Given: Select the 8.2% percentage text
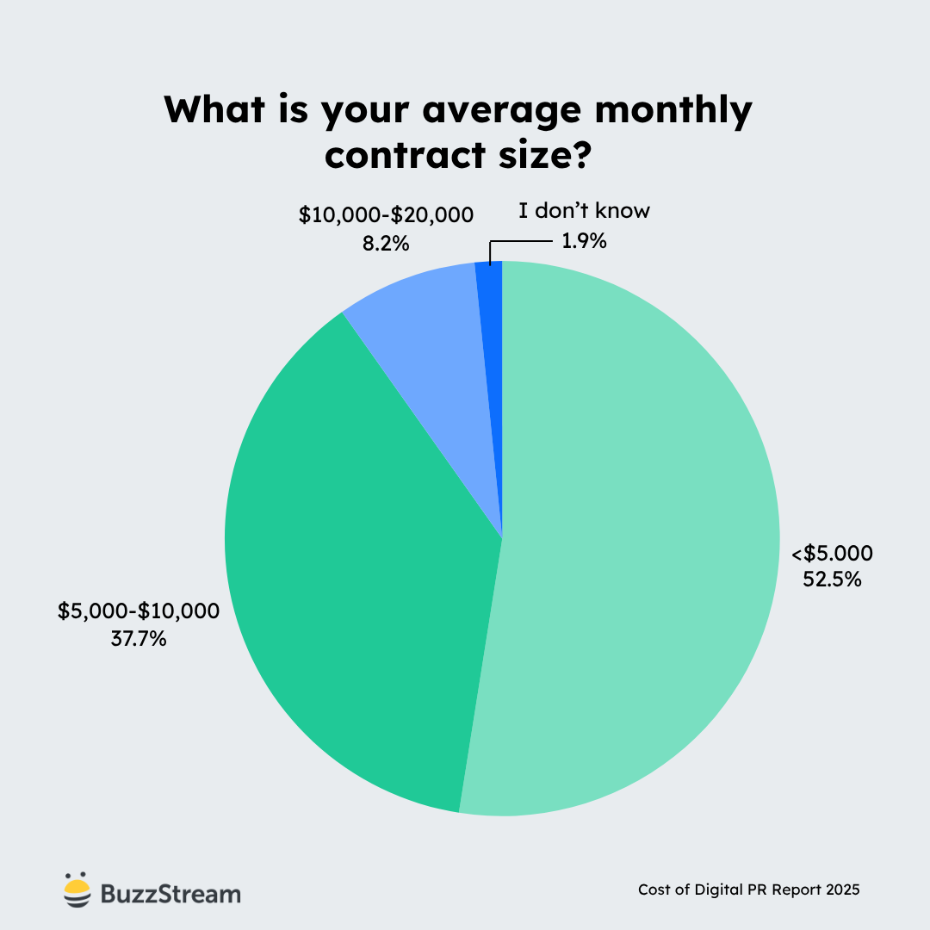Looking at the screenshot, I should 386,243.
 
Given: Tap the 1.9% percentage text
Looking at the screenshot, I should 584,242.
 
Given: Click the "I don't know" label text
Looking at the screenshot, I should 584,212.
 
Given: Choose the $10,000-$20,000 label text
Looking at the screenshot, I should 386,214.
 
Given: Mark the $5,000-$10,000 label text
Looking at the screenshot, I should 139,611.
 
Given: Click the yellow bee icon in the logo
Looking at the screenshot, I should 77,890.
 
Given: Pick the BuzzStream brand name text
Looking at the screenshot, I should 170,894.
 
